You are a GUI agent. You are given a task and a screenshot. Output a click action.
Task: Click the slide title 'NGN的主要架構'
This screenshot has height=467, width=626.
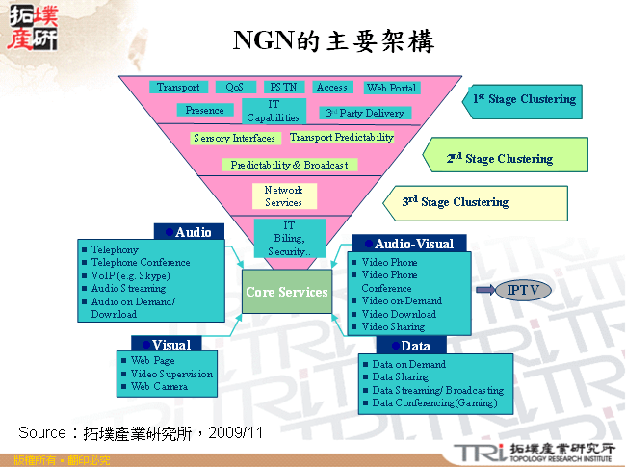(333, 40)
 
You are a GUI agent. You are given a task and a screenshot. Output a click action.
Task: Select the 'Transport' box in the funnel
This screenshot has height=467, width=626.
(178, 88)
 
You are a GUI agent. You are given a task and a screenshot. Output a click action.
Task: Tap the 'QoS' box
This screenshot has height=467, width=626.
(235, 88)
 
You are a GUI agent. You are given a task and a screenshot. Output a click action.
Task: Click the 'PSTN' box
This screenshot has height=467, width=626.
(283, 88)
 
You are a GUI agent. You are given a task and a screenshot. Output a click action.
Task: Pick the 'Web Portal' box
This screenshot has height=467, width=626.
(391, 89)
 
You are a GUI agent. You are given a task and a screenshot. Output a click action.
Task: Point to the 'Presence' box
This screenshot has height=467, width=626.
(204, 111)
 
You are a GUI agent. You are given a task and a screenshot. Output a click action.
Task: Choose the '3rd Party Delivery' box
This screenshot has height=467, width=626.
(365, 114)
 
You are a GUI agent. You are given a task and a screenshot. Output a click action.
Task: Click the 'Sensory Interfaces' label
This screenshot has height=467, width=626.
(234, 139)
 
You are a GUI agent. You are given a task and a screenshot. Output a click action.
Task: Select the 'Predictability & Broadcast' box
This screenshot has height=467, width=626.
(289, 165)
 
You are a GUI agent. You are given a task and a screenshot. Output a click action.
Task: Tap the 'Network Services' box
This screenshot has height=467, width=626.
(283, 196)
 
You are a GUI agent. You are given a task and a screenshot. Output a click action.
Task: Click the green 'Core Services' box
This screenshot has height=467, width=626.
(286, 292)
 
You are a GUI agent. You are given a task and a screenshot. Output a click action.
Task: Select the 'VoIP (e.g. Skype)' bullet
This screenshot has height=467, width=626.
(129, 275)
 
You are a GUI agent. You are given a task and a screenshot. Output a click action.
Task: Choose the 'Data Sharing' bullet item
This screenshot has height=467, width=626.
(400, 377)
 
